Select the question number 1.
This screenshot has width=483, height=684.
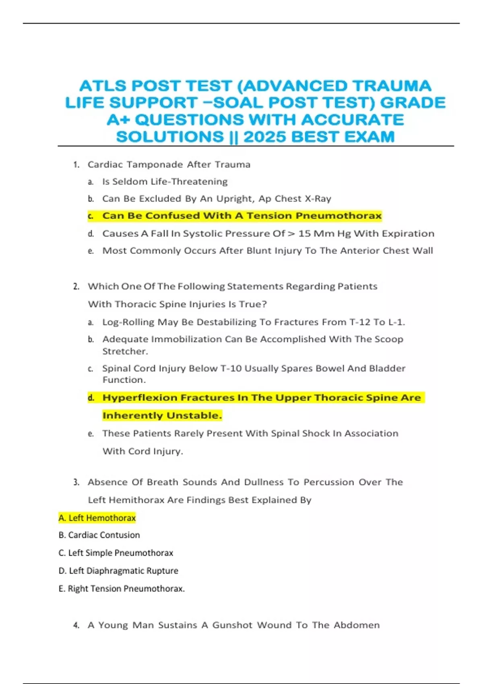tap(76, 165)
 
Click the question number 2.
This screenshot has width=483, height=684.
tap(76, 286)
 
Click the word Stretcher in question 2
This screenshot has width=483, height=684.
tap(124, 351)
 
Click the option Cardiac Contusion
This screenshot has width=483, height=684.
tap(104, 535)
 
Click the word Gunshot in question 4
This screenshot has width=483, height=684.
tap(232, 625)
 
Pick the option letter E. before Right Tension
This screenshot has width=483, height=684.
tap(62, 589)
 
